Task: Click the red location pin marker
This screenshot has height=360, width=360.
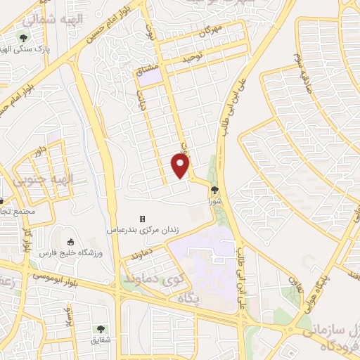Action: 181,166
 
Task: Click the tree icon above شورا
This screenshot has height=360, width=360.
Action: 214,189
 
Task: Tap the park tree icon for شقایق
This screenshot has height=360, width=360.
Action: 99,328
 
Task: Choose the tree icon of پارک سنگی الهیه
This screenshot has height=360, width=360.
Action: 24,37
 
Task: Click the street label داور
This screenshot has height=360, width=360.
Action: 42,150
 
